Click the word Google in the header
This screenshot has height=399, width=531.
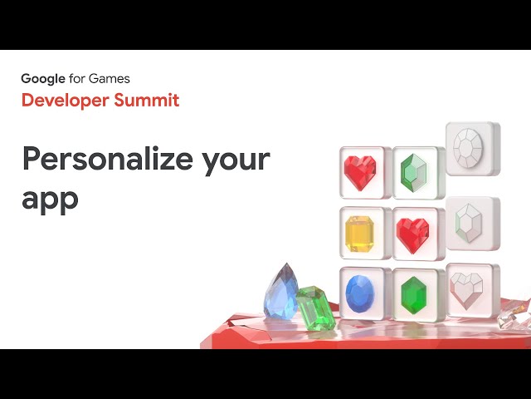coord(43,79)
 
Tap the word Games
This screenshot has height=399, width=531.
coord(109,79)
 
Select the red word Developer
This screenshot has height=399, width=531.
coord(65,101)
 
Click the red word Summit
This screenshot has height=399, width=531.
coord(146,100)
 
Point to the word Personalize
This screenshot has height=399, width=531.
coord(108,159)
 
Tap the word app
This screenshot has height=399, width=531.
coord(50,200)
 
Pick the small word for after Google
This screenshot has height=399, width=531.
coord(76,79)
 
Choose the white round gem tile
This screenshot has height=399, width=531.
coord(473,149)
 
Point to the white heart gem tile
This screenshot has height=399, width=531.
coord(473,290)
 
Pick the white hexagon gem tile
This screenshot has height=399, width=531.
coord(473,224)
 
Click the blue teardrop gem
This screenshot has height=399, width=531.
coord(281,293)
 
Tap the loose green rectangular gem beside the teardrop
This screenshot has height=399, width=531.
coord(314,308)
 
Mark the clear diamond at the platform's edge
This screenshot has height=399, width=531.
coord(514,315)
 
